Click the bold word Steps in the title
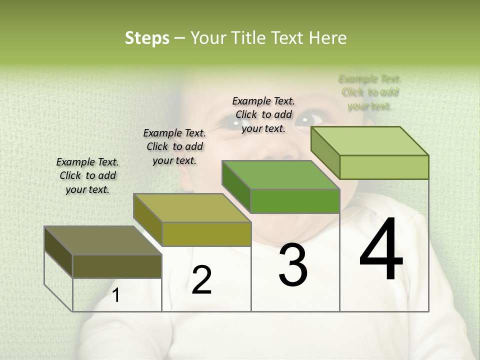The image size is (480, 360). (147, 38)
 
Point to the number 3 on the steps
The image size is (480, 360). (293, 265)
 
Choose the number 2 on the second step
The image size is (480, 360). (201, 280)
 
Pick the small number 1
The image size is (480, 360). (116, 295)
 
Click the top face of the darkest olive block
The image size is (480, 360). (102, 240)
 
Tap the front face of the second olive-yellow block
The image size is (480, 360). (206, 234)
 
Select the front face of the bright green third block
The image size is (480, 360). (295, 201)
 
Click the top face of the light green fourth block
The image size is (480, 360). (370, 141)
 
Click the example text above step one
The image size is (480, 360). (87, 175)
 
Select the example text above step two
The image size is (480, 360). (174, 146)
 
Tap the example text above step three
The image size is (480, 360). (263, 114)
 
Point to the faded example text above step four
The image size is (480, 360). (369, 92)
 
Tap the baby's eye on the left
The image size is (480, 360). (232, 121)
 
